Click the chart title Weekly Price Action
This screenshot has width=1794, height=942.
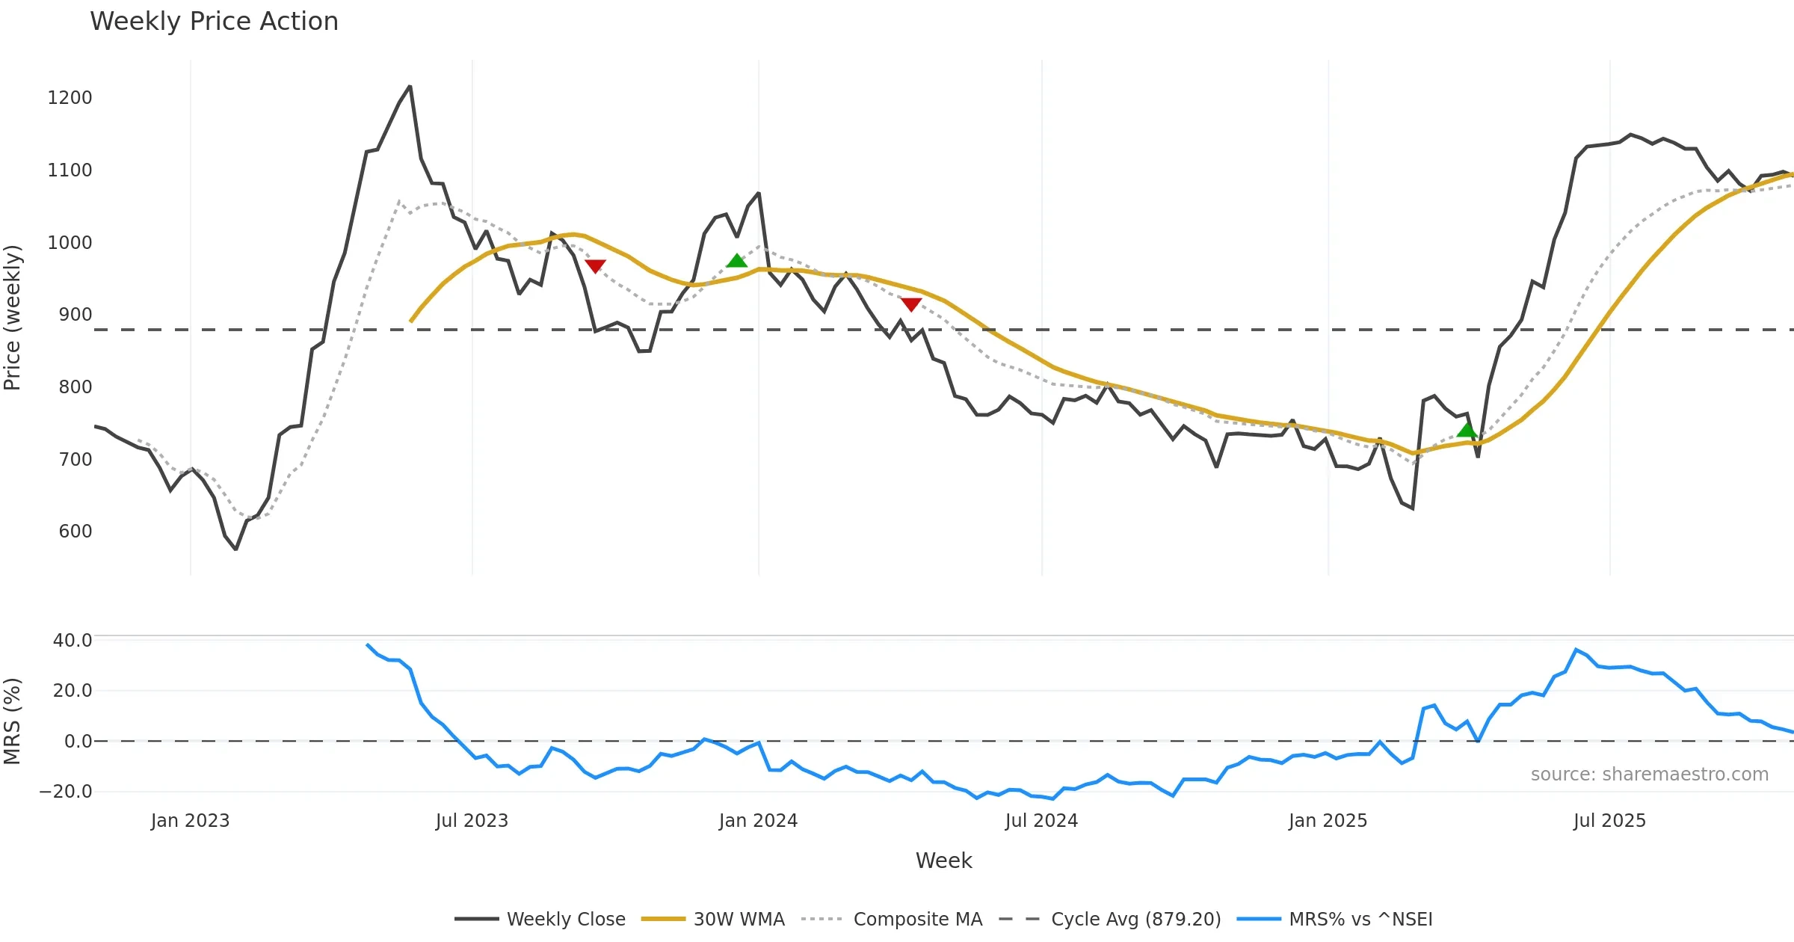tap(214, 22)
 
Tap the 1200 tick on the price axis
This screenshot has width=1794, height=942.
tap(70, 98)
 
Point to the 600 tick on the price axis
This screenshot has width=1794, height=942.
tap(75, 532)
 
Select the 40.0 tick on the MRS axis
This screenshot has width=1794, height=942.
tap(73, 641)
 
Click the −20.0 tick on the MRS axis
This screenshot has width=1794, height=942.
tap(66, 792)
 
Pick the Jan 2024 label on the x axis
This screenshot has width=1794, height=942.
tap(758, 821)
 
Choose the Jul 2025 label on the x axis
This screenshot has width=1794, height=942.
tap(1609, 821)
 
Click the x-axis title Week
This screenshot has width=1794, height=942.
tap(943, 861)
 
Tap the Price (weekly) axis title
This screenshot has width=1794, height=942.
tap(13, 318)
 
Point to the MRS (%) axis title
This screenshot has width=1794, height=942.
tap(13, 721)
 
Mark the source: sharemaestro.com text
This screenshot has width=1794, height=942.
tap(1649, 775)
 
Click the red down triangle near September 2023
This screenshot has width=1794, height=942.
tap(595, 266)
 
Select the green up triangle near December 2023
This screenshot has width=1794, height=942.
tap(736, 260)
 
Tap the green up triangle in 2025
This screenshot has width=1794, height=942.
tap(1467, 430)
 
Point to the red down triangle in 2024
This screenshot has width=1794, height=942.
tap(910, 304)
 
